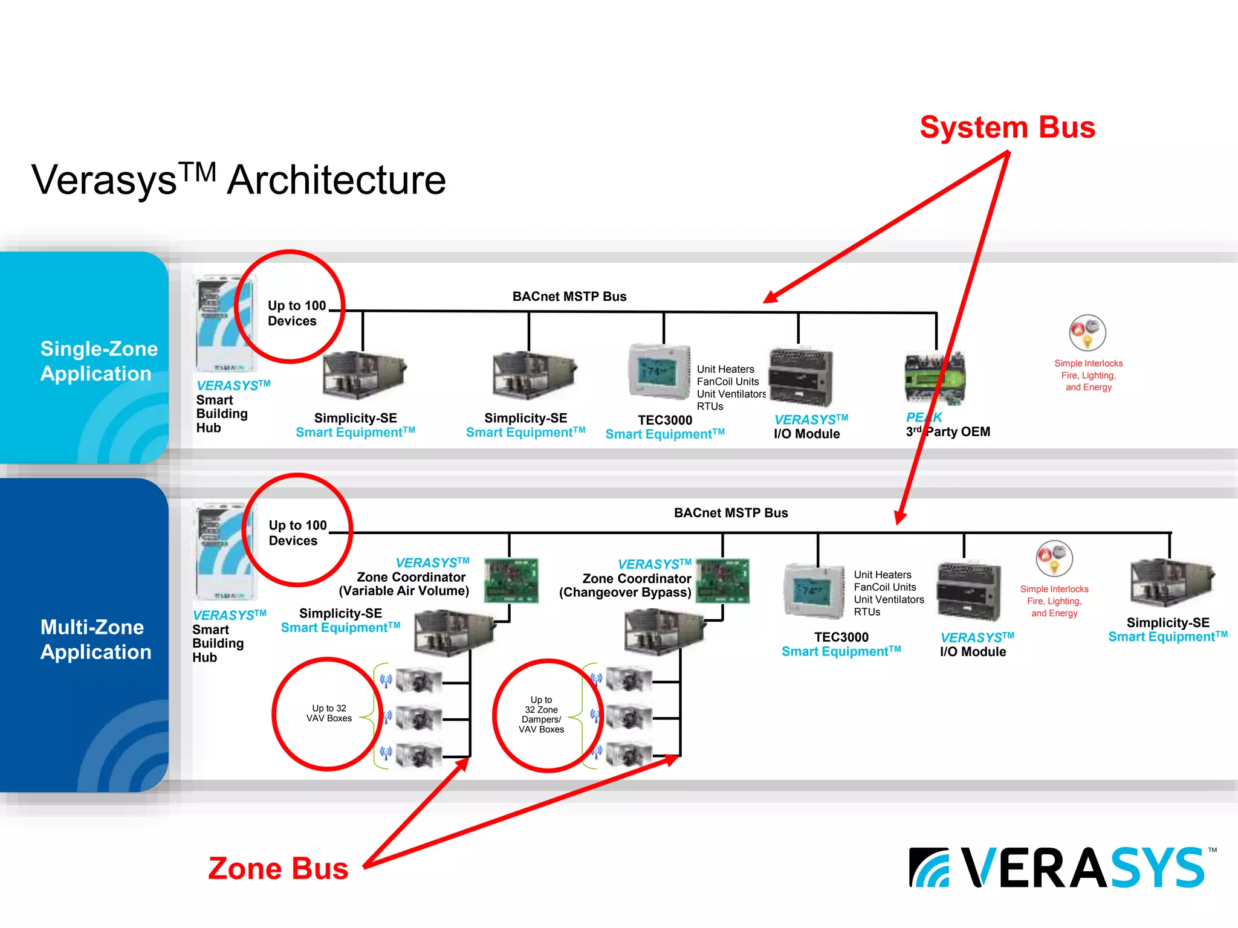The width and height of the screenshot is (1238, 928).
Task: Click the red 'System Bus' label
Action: [1007, 127]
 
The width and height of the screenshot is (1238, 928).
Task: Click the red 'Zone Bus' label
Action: [278, 869]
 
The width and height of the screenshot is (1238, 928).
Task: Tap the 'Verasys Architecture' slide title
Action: [239, 180]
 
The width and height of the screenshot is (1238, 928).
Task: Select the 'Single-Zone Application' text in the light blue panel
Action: [98, 361]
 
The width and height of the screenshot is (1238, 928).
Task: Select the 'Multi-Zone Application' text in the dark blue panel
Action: [95, 640]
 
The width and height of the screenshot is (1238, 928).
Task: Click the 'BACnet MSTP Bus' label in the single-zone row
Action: [569, 297]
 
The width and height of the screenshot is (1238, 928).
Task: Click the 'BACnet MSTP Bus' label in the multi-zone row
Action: [730, 513]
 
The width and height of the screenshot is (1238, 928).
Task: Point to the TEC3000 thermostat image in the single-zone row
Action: [659, 372]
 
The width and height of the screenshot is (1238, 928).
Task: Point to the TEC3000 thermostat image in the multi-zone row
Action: [814, 591]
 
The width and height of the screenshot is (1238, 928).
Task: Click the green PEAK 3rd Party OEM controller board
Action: [935, 379]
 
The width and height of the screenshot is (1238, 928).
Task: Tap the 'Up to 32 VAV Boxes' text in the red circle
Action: [329, 714]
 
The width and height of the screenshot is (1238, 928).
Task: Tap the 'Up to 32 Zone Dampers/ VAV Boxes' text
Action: [541, 715]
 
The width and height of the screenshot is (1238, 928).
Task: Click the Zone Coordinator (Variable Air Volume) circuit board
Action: [511, 581]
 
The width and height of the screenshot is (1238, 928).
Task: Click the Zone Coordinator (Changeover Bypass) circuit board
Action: [722, 581]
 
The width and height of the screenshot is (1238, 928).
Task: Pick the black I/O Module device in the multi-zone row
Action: [968, 591]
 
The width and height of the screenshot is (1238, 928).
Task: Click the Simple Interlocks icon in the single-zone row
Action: [1087, 333]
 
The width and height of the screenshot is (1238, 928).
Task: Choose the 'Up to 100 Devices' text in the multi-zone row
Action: [297, 533]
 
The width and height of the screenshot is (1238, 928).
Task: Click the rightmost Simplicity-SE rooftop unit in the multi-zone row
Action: [1170, 582]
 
